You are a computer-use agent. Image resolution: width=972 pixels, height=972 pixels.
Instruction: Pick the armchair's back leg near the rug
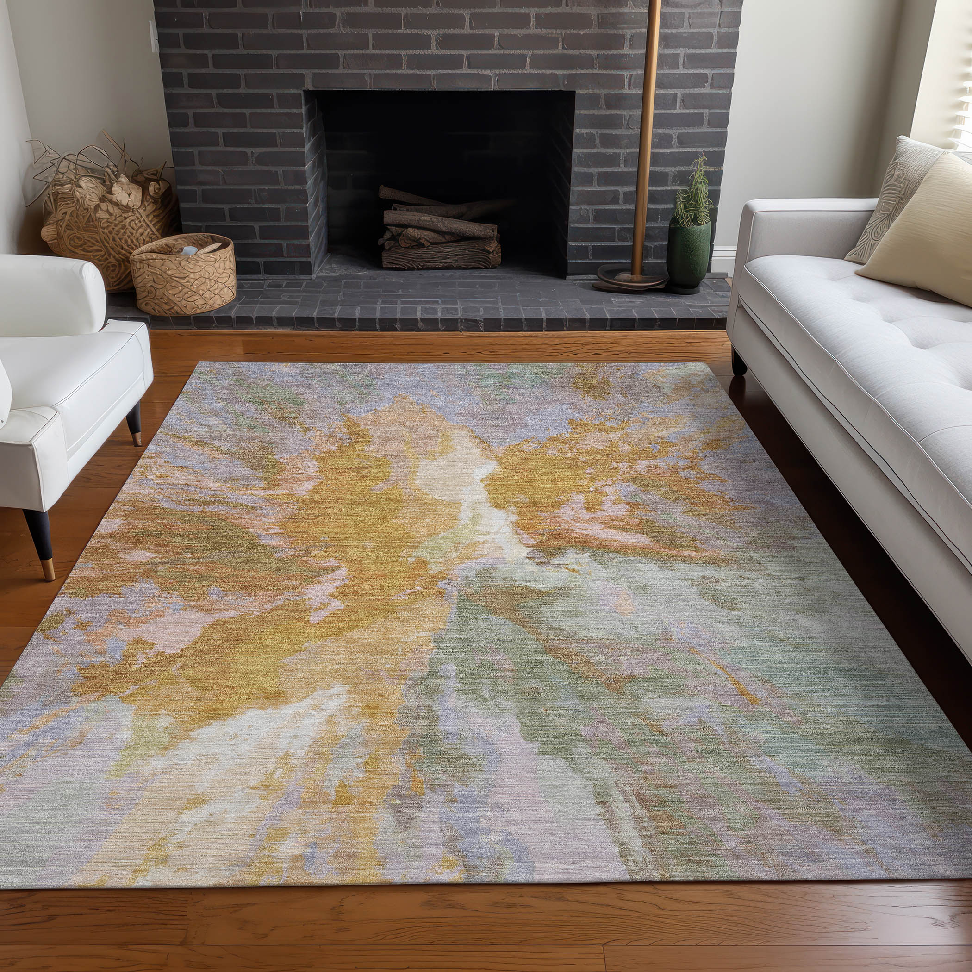pos(134,424)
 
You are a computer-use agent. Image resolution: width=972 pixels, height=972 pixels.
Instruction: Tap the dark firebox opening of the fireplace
pos(443,151)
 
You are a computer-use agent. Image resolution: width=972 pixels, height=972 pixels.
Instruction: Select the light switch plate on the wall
pos(153,36)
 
